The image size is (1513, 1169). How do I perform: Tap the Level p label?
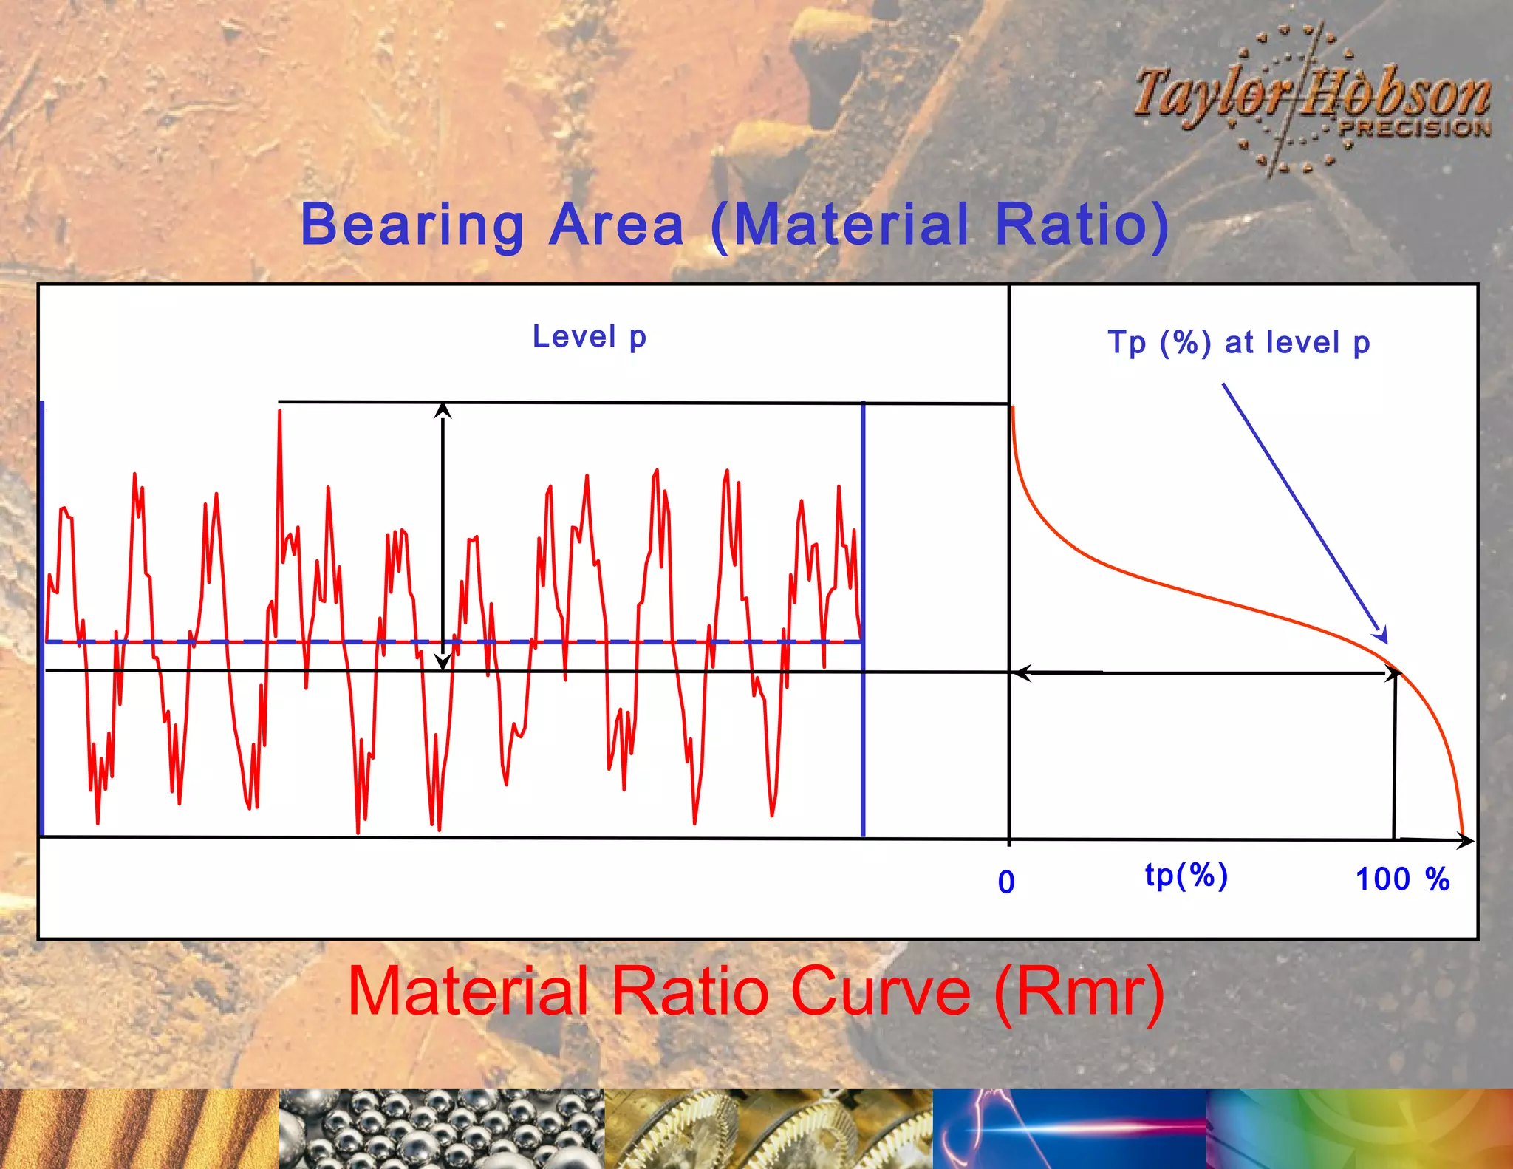pyautogui.click(x=590, y=337)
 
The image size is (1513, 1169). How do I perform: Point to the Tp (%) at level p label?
pyautogui.click(x=1239, y=343)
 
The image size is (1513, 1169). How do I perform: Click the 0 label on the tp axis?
pyautogui.click(x=1006, y=882)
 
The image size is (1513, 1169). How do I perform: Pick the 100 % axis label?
pyautogui.click(x=1402, y=879)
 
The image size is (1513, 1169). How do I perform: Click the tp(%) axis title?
pyautogui.click(x=1186, y=876)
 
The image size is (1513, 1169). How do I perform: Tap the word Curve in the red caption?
pyautogui.click(x=881, y=991)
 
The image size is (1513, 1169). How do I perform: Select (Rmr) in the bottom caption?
pyautogui.click(x=1079, y=992)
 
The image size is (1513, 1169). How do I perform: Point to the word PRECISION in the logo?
pyautogui.click(x=1415, y=129)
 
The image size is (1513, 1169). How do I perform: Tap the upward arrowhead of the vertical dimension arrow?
pyautogui.click(x=443, y=409)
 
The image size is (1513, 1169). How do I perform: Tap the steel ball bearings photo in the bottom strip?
pyautogui.click(x=441, y=1128)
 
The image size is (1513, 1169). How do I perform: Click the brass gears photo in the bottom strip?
pyautogui.click(x=768, y=1128)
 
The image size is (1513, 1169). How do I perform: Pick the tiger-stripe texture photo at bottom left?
pyautogui.click(x=139, y=1128)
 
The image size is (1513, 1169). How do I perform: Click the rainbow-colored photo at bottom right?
pyautogui.click(x=1359, y=1128)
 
